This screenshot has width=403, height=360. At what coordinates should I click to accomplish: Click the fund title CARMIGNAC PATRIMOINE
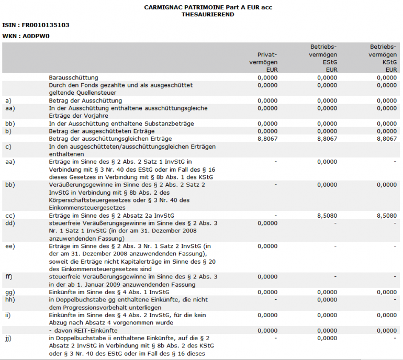coord(208,7)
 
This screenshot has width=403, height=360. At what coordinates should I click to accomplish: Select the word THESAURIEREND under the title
coord(208,15)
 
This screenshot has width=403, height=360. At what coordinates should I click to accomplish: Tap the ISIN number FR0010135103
coord(46,25)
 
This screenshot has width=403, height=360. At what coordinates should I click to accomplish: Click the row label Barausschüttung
coord(73,77)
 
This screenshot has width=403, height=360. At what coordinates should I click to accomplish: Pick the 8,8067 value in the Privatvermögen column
coord(267,139)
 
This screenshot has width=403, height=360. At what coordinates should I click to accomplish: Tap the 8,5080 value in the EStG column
coord(327,215)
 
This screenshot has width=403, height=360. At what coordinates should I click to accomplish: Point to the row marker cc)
coord(9,215)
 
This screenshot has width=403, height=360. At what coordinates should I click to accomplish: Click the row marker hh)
coord(9,299)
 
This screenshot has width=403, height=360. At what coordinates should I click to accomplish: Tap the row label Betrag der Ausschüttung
coord(85,100)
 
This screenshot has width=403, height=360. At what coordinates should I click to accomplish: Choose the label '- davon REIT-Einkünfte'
coord(83,331)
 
